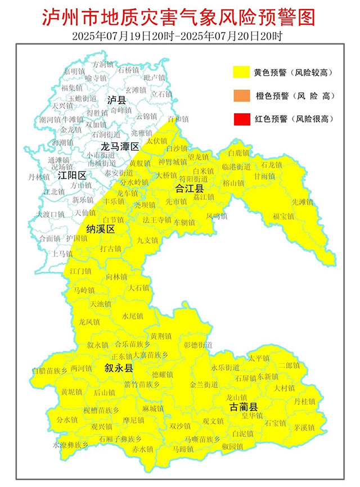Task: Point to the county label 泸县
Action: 117,100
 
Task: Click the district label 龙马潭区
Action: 120,147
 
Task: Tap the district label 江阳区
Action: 72,175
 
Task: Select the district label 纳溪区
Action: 100,229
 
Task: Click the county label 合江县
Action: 190,187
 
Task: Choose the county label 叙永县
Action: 119,368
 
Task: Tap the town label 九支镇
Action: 147,240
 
